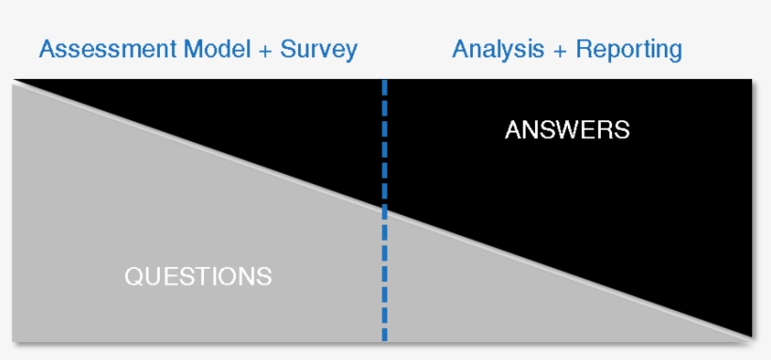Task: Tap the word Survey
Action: pos(319,49)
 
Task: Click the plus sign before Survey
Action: pos(266,50)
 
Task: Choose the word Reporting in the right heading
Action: pos(628,49)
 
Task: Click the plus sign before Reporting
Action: pos(559,50)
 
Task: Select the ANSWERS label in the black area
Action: pos(567,130)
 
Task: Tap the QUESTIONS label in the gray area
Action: pos(197,276)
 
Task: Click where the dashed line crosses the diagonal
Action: pos(385,211)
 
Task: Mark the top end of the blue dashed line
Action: pos(385,82)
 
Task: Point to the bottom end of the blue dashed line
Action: pos(385,338)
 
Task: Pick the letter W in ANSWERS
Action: pos(567,130)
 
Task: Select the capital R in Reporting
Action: pos(583,49)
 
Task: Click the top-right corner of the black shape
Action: pos(752,81)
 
